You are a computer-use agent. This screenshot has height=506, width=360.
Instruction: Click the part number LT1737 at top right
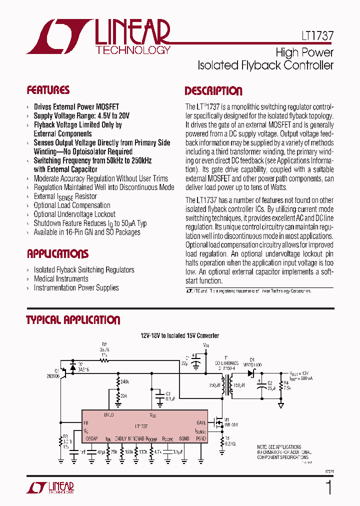click(317, 36)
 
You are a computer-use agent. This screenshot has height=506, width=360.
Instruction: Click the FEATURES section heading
click(48, 90)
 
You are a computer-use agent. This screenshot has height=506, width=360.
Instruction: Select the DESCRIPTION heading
click(213, 91)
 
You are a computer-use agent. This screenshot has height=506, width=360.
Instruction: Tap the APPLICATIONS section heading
click(57, 253)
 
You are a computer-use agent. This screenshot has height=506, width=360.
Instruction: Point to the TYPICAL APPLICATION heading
click(73, 320)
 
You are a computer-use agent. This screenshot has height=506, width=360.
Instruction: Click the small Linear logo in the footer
click(54, 487)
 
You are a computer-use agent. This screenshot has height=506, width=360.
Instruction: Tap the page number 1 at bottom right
click(328, 487)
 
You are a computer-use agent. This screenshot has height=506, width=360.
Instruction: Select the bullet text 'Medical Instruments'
click(61, 278)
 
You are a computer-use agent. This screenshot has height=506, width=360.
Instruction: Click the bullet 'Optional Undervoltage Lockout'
click(74, 214)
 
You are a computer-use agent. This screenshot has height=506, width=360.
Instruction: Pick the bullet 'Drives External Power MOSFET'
click(76, 106)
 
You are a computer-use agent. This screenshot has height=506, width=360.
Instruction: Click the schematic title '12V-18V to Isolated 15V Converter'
click(179, 335)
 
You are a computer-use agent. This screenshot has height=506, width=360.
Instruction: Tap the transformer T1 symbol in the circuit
click(230, 385)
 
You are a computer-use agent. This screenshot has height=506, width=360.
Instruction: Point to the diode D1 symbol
click(251, 373)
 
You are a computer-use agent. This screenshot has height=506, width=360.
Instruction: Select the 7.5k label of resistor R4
click(286, 387)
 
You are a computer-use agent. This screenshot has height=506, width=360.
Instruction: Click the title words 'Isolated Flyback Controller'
click(265, 65)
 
